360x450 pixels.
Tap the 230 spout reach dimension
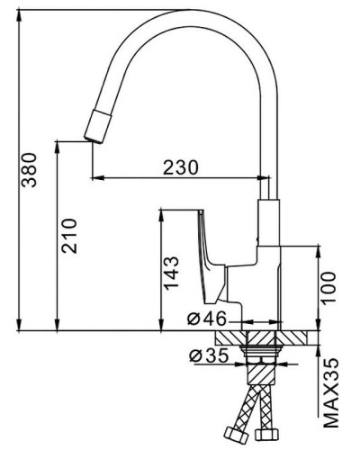coord(181,166)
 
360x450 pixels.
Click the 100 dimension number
coord(329,287)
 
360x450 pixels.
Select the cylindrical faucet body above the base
coord(270,270)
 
